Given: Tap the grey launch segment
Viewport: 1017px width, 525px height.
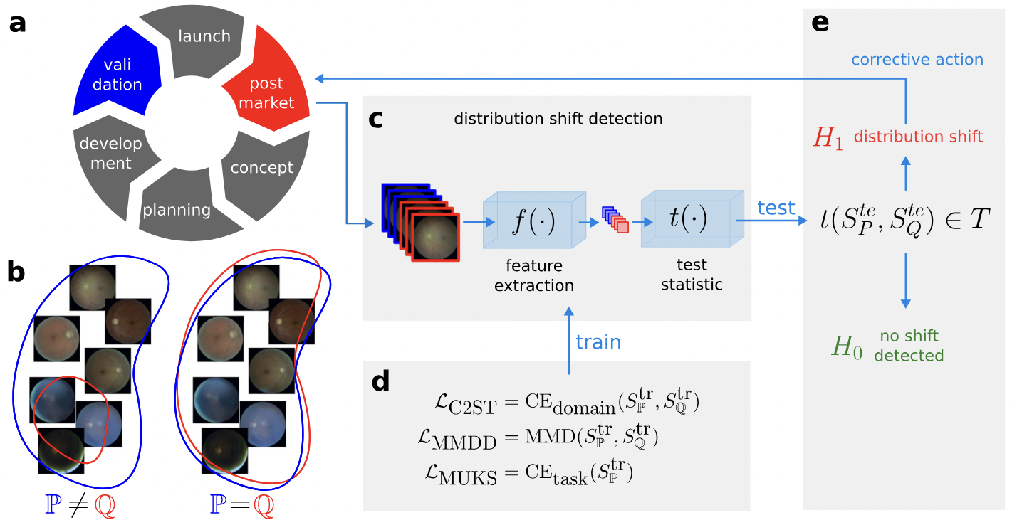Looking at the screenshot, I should [204, 39].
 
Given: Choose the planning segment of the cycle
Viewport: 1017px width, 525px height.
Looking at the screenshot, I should [178, 209].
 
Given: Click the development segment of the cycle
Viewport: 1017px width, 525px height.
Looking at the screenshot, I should [110, 152].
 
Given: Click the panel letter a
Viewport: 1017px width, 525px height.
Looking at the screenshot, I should [17, 24].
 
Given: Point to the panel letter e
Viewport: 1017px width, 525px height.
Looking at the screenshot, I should [820, 23].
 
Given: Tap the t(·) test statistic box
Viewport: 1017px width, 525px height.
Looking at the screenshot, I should [688, 219].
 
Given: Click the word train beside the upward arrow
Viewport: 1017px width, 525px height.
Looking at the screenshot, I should [598, 342].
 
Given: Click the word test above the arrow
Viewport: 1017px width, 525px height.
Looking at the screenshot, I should [776, 208].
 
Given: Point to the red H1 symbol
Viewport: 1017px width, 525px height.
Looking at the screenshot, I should [828, 138].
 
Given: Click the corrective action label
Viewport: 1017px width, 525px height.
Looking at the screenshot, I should [917, 60].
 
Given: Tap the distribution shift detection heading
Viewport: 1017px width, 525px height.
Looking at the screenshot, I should [558, 118].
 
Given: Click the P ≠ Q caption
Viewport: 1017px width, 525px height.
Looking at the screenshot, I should [78, 505].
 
